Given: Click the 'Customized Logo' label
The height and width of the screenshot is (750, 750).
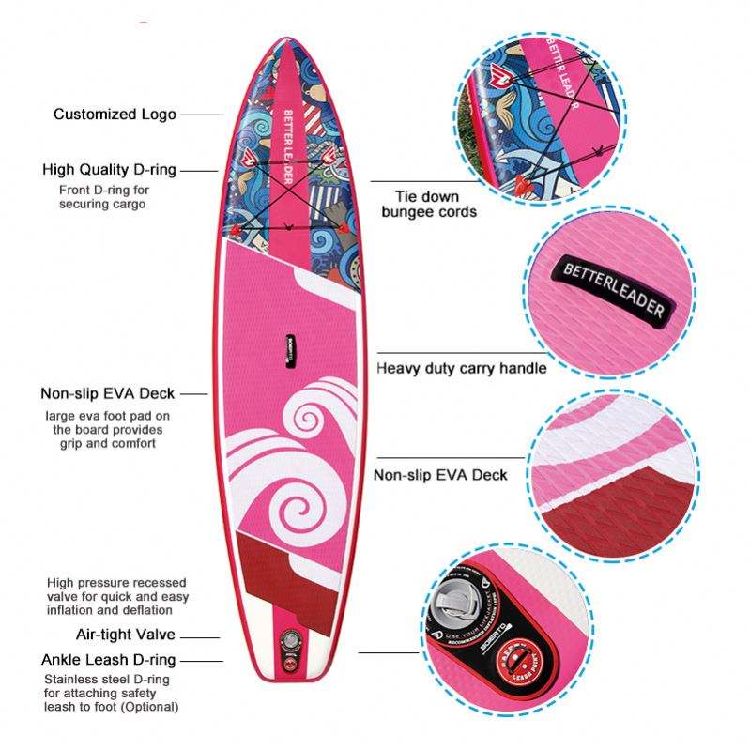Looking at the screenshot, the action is [115, 115].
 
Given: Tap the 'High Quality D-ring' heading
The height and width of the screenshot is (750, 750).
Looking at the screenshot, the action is [109, 170].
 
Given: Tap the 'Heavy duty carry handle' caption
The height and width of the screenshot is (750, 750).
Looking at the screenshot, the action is [461, 368].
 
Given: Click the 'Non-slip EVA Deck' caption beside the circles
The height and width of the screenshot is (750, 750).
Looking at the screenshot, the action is [440, 475].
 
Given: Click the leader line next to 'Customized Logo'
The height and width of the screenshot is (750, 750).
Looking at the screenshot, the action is [201, 115].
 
